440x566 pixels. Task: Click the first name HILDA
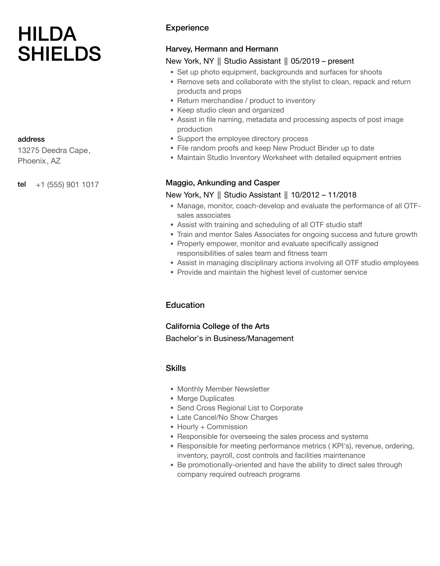(47, 35)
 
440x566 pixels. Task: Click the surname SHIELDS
(59, 54)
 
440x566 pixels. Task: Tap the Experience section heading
(187, 28)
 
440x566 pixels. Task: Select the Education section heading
(185, 305)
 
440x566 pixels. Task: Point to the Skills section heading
(176, 368)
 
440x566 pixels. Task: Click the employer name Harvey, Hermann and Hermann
(222, 49)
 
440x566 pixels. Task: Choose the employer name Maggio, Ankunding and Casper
(223, 183)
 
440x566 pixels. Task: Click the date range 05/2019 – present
(322, 61)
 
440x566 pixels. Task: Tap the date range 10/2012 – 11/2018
(324, 195)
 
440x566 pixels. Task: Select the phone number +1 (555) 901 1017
(67, 185)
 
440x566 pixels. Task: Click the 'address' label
(31, 139)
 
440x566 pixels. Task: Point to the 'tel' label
(22, 185)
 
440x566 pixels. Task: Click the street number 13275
(28, 151)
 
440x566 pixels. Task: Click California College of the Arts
(218, 326)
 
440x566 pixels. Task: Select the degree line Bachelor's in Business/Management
(229, 339)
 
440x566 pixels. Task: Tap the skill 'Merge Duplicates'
(205, 399)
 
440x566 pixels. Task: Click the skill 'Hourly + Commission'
(212, 427)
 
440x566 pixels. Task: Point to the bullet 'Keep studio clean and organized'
(231, 110)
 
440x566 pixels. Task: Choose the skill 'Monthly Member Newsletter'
(223, 389)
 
